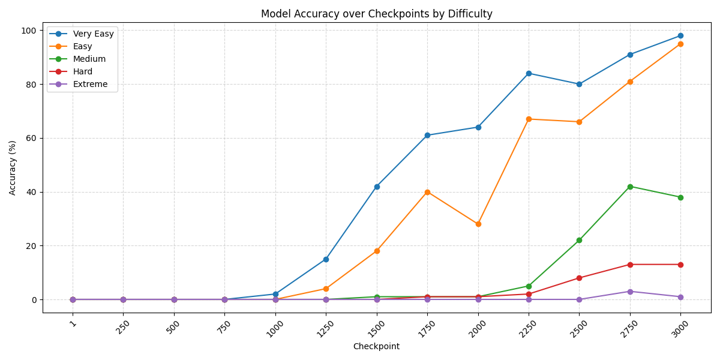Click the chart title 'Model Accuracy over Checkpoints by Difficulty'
376,14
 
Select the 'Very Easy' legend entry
93,34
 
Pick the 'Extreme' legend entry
90,84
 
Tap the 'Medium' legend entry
89,59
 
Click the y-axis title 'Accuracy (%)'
13,167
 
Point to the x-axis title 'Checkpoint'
376,346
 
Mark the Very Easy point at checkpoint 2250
529,73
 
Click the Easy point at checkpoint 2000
478,224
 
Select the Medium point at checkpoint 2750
630,187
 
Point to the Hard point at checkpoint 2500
579,278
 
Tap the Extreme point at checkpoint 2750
630,292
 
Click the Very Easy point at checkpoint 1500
377,187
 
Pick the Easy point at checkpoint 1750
427,192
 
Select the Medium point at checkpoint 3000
680,197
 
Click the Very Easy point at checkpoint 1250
326,259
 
